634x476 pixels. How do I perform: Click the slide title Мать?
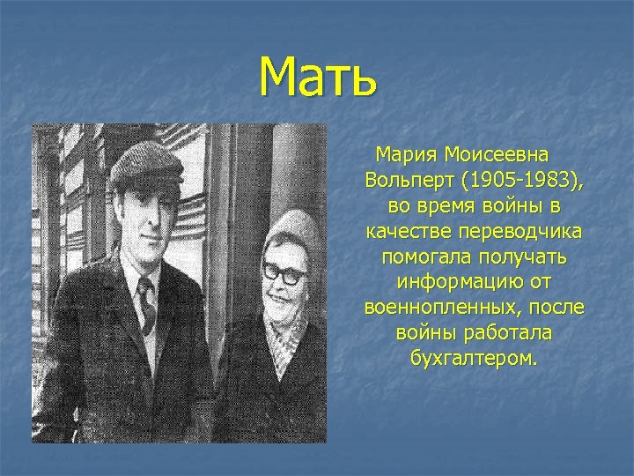point(319,77)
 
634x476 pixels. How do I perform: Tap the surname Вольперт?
point(407,181)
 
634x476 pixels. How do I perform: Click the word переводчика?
point(516,232)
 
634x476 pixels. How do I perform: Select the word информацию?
point(449,284)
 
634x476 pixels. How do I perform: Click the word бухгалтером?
point(474,360)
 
